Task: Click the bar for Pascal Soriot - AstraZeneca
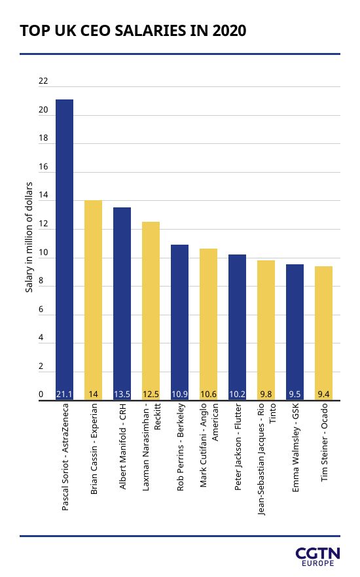coord(64,249)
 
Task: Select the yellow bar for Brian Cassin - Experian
coord(93,300)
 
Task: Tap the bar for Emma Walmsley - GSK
coord(295,332)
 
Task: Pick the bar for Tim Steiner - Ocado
coord(323,333)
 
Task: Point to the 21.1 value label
coord(64,394)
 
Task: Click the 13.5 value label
coord(122,394)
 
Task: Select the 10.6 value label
coord(208,394)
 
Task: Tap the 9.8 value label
coord(266,394)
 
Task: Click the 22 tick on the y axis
coord(43,81)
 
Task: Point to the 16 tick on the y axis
coord(43,167)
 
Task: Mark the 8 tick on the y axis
coord(41,281)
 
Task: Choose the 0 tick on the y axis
coord(41,394)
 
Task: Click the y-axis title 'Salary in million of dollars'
coord(29,237)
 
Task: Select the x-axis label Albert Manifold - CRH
coord(122,446)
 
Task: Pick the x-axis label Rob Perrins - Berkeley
coord(180,447)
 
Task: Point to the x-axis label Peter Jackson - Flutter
coord(238,447)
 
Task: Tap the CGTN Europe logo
coord(317,557)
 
